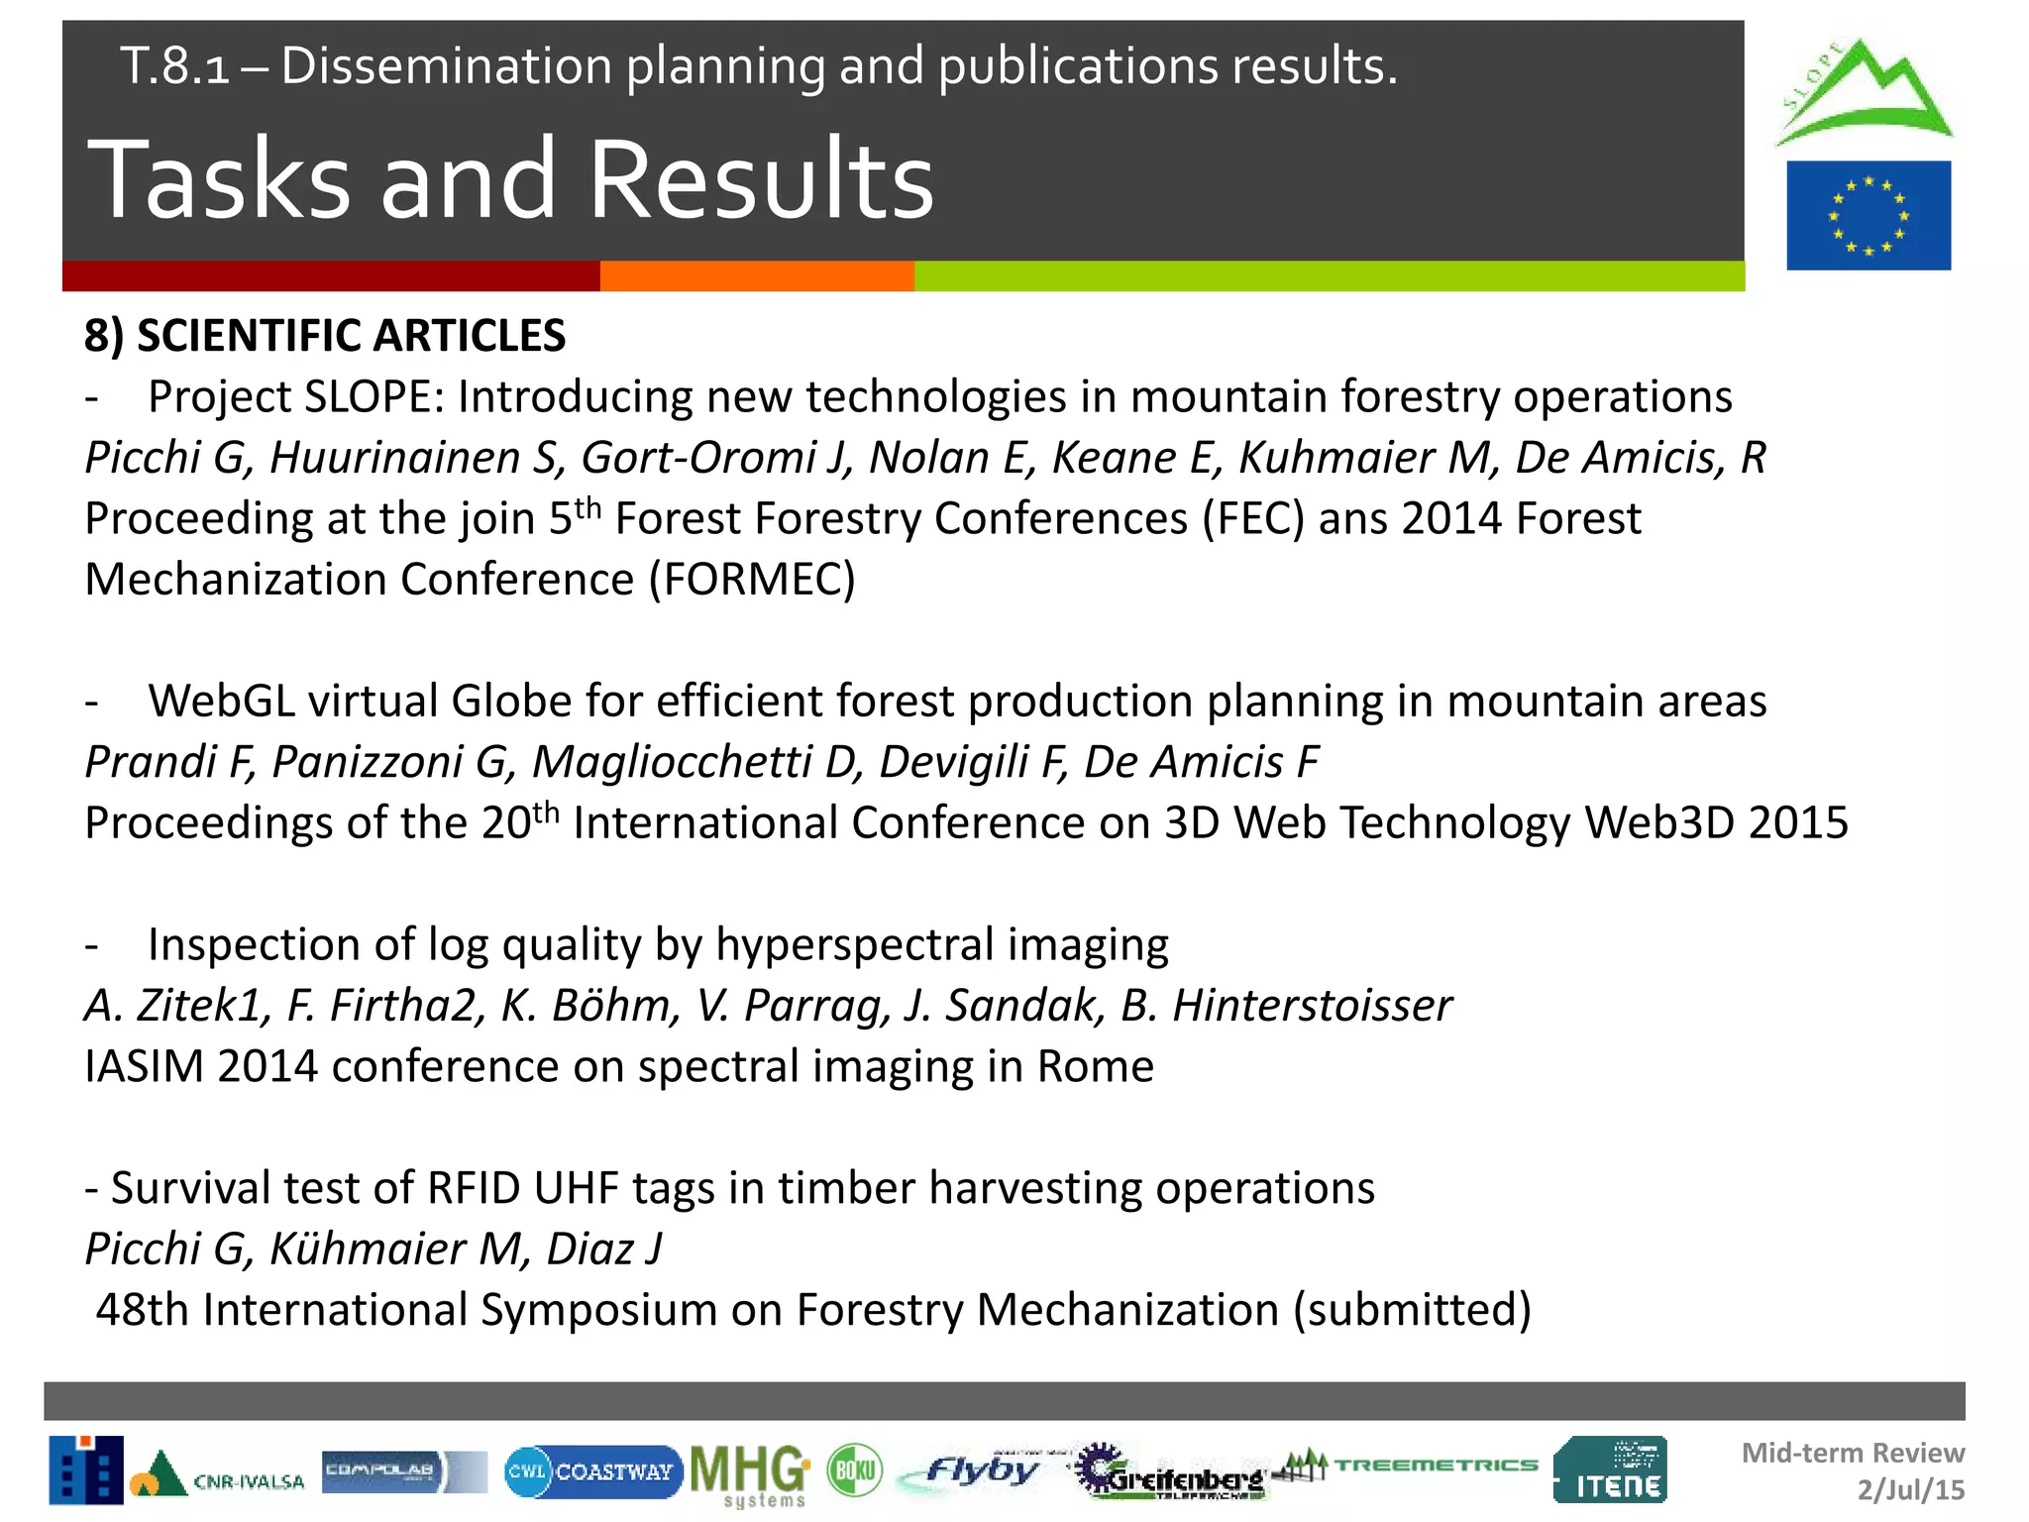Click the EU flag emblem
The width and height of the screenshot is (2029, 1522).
[1868, 215]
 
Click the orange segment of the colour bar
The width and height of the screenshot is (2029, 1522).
[756, 276]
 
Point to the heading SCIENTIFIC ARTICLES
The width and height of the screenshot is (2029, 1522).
[351, 336]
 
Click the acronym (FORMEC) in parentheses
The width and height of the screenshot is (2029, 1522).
[752, 580]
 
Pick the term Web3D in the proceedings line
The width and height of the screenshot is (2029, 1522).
[1658, 822]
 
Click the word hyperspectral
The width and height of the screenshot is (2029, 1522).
[854, 944]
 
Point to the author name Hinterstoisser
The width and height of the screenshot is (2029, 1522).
[1312, 1006]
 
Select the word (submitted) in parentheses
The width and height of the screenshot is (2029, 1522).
[1412, 1310]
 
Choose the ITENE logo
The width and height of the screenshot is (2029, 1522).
[1611, 1470]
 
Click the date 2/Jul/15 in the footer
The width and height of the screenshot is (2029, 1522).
[1910, 1489]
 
